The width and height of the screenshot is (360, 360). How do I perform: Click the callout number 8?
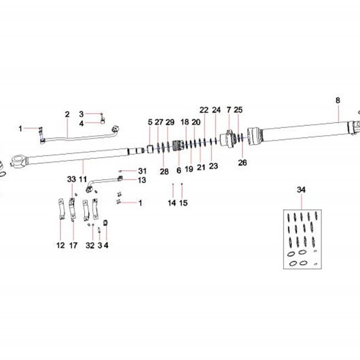(x=337, y=101)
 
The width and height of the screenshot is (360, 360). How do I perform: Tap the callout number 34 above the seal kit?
(x=301, y=190)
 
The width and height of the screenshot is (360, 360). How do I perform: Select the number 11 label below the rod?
(x=83, y=179)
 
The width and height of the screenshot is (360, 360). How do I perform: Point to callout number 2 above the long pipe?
(x=67, y=114)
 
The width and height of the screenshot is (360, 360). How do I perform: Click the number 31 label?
(x=142, y=171)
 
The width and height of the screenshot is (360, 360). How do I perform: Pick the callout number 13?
(x=142, y=180)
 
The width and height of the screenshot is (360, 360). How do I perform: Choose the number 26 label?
(x=242, y=163)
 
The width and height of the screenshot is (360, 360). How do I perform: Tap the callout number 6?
(x=179, y=170)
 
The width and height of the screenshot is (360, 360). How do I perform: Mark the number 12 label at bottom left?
(x=60, y=246)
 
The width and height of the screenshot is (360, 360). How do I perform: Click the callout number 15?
(x=184, y=203)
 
